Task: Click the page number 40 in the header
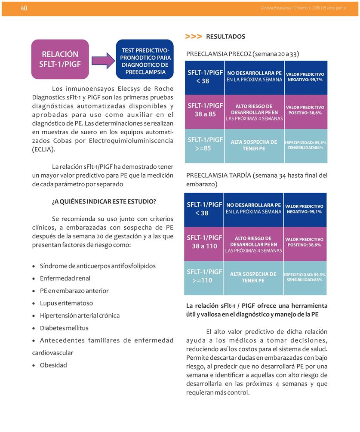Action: point(24,9)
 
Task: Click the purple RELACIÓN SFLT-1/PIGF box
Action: point(60,59)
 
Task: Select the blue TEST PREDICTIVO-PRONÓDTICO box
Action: point(145,59)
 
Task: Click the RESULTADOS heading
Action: point(225,37)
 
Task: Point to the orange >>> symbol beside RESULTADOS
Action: point(193,37)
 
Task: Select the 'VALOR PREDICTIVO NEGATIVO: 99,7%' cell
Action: point(305,77)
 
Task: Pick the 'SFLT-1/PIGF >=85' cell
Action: point(205,144)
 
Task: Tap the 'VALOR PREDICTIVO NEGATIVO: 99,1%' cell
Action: point(305,209)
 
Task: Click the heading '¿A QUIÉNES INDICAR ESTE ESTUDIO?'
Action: point(104,201)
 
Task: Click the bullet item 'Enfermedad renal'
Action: point(65,278)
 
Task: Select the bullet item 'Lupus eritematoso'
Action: point(66,303)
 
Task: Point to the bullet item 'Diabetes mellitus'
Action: point(64,328)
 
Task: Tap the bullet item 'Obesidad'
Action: point(53,365)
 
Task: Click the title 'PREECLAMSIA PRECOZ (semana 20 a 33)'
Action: point(243,54)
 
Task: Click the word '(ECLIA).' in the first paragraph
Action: point(43,149)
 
